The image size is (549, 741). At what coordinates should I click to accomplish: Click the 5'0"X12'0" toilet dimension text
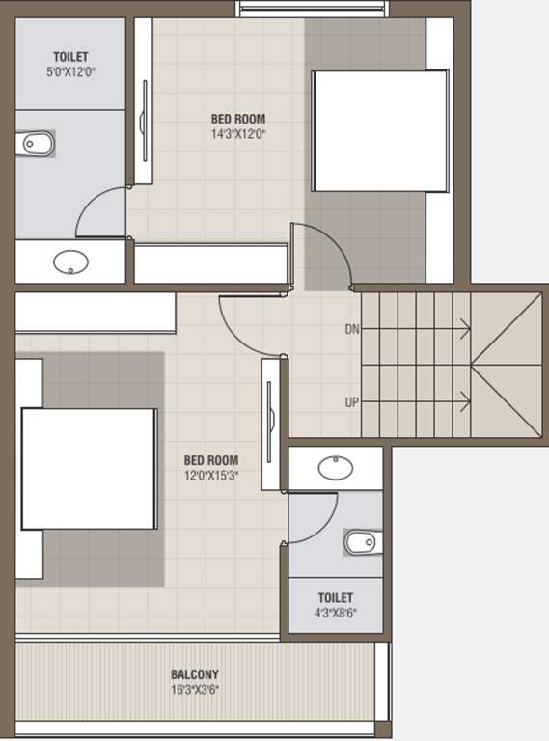[x=70, y=72]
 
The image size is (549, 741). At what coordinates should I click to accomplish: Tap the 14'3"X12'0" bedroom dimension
[x=238, y=134]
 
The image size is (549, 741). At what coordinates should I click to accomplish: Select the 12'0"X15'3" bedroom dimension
[x=211, y=476]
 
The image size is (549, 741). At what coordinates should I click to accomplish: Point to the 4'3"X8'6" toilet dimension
[x=336, y=613]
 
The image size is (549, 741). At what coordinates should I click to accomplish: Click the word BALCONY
[x=195, y=674]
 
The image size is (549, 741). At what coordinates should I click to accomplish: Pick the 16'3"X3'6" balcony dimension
[x=195, y=690]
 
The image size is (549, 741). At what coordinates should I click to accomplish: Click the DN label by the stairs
[x=352, y=329]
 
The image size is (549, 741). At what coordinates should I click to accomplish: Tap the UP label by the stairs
[x=352, y=402]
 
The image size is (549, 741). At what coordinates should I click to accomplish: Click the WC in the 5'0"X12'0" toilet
[x=35, y=143]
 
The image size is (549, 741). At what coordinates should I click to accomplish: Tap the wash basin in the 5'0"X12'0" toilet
[x=70, y=262]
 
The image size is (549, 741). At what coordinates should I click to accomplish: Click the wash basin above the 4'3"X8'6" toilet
[x=336, y=468]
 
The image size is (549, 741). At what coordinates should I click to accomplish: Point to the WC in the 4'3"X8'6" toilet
[x=363, y=542]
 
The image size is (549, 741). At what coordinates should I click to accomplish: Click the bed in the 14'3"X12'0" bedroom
[x=380, y=131]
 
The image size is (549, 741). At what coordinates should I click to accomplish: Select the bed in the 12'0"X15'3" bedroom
[x=90, y=469]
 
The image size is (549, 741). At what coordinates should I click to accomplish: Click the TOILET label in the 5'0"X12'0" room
[x=70, y=57]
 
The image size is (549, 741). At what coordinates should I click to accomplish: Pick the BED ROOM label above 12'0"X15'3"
[x=211, y=460]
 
